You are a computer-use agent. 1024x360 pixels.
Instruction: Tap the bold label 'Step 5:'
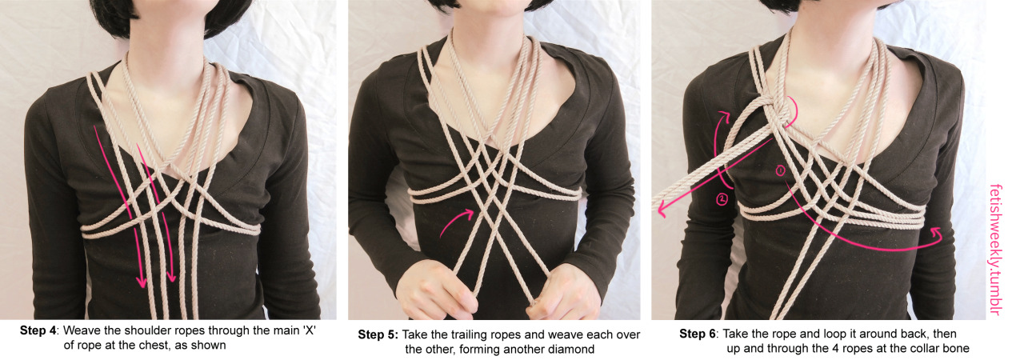pyautogui.click(x=378, y=335)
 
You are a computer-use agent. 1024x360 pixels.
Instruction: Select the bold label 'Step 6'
pyautogui.click(x=697, y=334)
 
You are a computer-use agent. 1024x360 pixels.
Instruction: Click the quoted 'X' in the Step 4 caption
pyautogui.click(x=309, y=330)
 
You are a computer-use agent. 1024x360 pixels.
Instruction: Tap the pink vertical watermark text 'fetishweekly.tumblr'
pyautogui.click(x=996, y=250)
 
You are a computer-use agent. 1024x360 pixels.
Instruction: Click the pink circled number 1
pyautogui.click(x=780, y=171)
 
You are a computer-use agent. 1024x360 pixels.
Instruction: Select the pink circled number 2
pyautogui.click(x=722, y=198)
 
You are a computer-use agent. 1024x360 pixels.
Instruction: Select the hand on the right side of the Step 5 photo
pyautogui.click(x=562, y=292)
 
